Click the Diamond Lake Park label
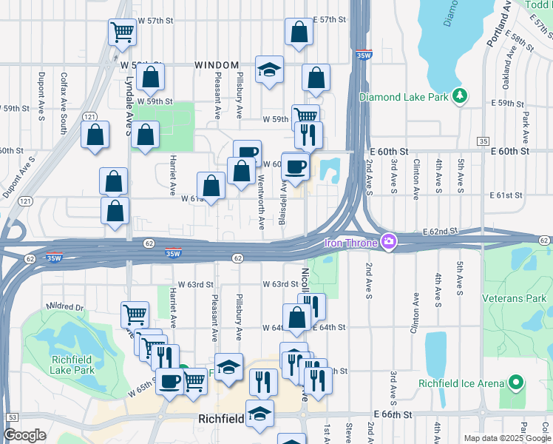coord(405,97)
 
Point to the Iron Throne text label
coord(350,242)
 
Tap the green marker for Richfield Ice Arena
coord(515,383)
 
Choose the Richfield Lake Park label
coord(72,365)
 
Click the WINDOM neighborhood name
coord(217,65)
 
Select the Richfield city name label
coord(222,419)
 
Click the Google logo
coord(25,435)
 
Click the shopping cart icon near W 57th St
coord(122,32)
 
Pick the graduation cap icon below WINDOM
coord(269,70)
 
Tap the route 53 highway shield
coord(12,417)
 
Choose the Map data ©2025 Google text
coord(507,438)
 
